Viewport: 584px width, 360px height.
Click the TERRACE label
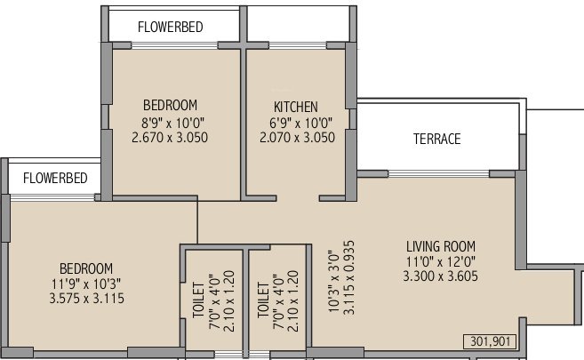click(x=436, y=140)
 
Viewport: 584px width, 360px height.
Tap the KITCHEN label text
click(x=296, y=107)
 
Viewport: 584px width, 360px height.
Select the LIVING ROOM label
click(x=441, y=246)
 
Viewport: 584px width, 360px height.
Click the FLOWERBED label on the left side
click(x=55, y=178)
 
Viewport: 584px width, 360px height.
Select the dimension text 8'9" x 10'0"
click(x=170, y=123)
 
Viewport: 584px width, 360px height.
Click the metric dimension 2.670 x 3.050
click(x=170, y=138)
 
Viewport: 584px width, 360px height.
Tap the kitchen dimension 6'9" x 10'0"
click(x=296, y=123)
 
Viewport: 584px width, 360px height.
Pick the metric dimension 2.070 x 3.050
click(x=296, y=138)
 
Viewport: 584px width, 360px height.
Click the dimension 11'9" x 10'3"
click(x=86, y=284)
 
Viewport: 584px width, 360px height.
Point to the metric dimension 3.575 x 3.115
click(x=86, y=299)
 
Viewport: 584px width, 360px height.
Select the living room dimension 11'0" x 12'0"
click(x=441, y=262)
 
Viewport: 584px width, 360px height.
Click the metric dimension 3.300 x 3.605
click(x=441, y=277)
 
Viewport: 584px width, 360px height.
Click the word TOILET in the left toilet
click(x=198, y=301)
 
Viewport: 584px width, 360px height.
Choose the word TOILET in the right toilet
click(x=262, y=301)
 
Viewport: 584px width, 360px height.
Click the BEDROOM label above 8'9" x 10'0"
click(x=170, y=105)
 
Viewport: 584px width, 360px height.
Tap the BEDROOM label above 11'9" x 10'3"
click(x=86, y=268)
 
